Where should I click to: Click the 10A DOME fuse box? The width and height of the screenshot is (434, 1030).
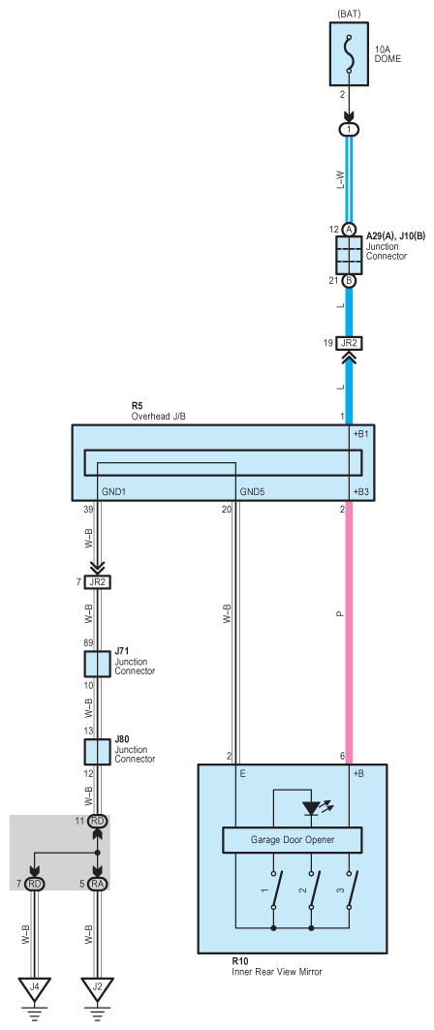(x=349, y=55)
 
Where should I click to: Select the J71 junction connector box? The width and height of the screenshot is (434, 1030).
(x=97, y=664)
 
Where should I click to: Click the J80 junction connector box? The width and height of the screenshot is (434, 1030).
(x=97, y=752)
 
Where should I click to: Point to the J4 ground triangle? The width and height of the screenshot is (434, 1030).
(x=34, y=987)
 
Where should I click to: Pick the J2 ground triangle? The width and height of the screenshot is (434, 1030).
(x=97, y=987)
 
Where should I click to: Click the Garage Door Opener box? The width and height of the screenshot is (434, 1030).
(x=293, y=839)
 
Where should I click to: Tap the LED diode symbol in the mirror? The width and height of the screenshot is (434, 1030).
(x=311, y=809)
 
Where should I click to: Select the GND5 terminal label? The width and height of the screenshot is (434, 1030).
(x=253, y=490)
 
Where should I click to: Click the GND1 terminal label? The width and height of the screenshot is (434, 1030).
(x=114, y=490)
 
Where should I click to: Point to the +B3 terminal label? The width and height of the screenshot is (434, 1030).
(x=362, y=490)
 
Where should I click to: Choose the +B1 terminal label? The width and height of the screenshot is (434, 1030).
(x=362, y=434)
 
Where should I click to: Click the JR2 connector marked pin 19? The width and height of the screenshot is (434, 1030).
(x=349, y=343)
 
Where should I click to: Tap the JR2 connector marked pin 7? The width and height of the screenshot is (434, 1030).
(x=97, y=581)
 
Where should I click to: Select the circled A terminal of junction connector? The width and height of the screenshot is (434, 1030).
(x=349, y=229)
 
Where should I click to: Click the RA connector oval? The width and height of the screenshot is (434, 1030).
(x=97, y=884)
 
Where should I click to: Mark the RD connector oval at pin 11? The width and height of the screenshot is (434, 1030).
(x=97, y=821)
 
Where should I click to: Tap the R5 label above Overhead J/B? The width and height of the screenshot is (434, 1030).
(x=137, y=408)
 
